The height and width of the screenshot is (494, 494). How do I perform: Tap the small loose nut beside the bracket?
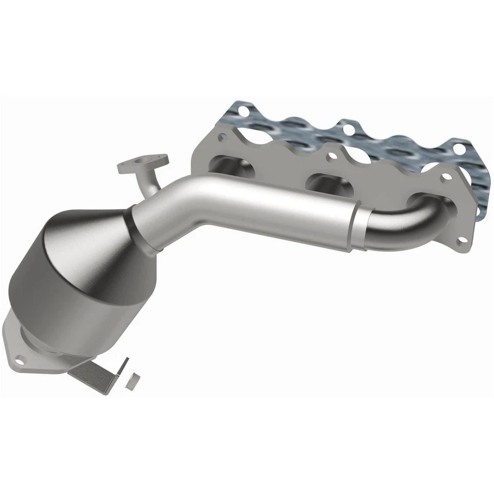(132, 380)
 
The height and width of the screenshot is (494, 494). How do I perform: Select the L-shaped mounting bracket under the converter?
(98, 373)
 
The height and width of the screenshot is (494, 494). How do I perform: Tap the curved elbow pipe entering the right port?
(407, 219)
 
